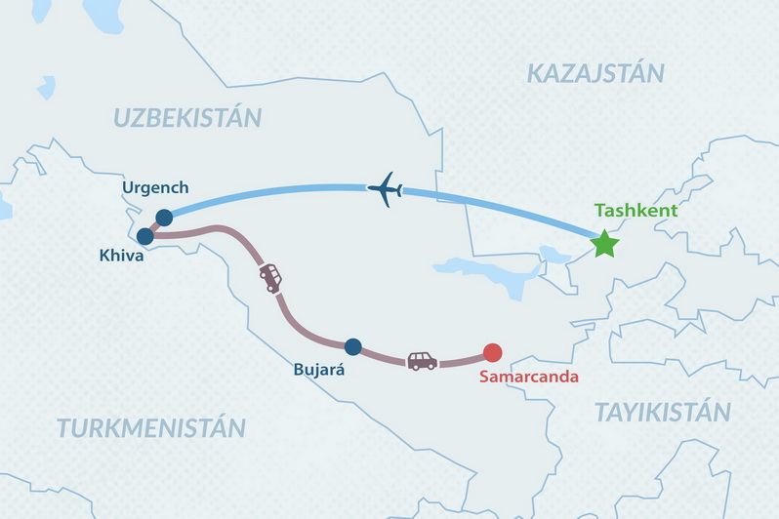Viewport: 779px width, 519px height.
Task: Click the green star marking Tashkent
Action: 605,244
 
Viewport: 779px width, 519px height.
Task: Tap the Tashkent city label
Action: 635,211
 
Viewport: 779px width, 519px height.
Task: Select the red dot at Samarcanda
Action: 493,353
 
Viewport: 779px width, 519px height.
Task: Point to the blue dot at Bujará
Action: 353,345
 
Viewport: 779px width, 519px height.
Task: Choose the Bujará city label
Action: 318,371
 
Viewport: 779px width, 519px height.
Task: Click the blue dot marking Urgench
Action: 164,218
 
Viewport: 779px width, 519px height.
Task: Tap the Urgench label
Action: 155,187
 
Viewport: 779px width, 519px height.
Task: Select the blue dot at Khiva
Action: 145,236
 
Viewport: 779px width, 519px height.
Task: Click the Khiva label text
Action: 122,257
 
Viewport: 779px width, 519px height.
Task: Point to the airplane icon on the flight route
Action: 386,188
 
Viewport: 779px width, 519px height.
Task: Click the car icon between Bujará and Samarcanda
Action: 422,361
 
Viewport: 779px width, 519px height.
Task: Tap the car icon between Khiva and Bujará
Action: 270,278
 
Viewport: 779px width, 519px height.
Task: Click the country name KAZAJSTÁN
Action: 594,72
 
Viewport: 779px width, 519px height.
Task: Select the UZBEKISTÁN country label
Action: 187,118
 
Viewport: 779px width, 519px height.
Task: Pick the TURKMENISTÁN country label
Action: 150,427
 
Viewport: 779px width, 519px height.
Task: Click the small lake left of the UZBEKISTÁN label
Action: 46,87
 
